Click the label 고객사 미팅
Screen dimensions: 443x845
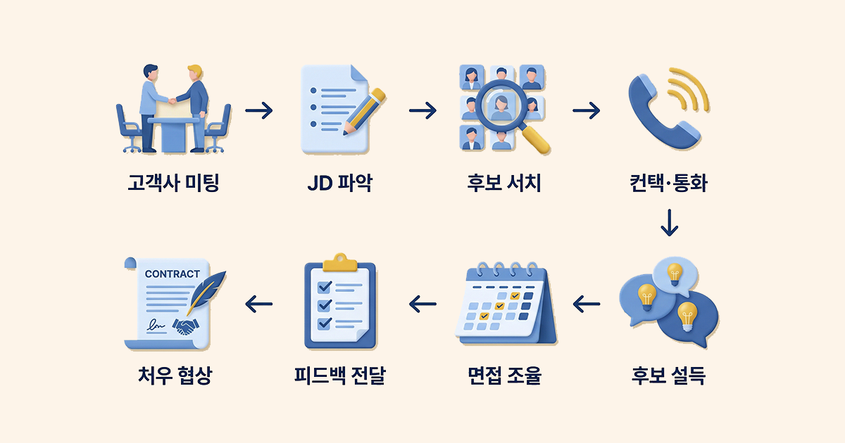(x=174, y=184)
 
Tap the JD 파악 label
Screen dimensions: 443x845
(x=339, y=184)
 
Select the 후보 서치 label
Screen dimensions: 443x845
(x=503, y=184)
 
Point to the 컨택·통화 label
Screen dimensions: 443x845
(x=668, y=184)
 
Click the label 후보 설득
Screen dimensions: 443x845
(x=668, y=376)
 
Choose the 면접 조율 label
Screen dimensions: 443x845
(x=503, y=376)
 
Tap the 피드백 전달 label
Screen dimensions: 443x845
(x=339, y=376)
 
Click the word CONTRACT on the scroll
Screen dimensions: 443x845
(x=172, y=274)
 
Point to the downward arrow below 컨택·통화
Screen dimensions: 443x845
(x=668, y=222)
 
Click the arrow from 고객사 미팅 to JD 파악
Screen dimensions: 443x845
(x=258, y=110)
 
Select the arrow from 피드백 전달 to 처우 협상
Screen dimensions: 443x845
(x=258, y=304)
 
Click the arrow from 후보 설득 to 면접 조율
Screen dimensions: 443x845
(x=587, y=304)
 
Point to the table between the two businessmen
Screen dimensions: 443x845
(x=172, y=130)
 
